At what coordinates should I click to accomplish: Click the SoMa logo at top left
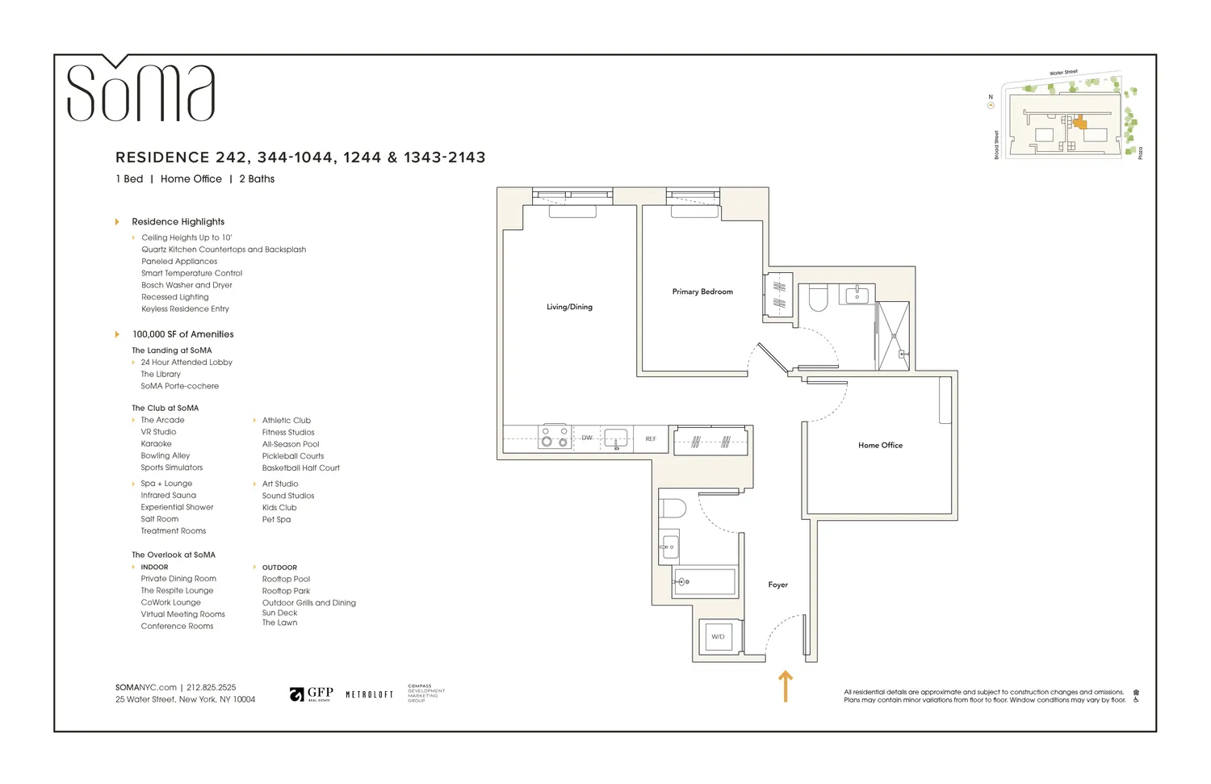pos(140,90)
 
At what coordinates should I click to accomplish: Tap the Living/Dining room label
pos(569,307)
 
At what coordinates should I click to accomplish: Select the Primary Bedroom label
pos(702,291)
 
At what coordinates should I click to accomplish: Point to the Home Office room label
pos(880,445)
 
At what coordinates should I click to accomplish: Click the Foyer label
pos(777,585)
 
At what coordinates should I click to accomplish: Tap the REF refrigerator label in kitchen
pos(651,439)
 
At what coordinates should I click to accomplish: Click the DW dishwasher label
pos(587,438)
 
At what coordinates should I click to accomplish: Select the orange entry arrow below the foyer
pos(786,685)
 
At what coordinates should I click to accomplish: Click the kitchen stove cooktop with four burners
pos(555,437)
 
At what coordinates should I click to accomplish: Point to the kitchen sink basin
pos(615,438)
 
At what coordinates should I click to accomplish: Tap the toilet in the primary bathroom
pos(818,298)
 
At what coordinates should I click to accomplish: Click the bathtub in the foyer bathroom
pos(705,581)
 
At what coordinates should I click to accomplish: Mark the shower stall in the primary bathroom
pos(893,336)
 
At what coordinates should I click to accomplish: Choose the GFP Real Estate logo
pos(312,694)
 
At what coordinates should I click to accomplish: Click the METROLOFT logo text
pos(369,694)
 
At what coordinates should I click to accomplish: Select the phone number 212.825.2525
pos(212,688)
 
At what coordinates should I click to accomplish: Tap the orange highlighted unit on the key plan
pos(1080,124)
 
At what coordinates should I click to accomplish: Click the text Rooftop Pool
pos(286,579)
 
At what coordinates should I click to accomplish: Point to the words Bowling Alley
pos(166,456)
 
